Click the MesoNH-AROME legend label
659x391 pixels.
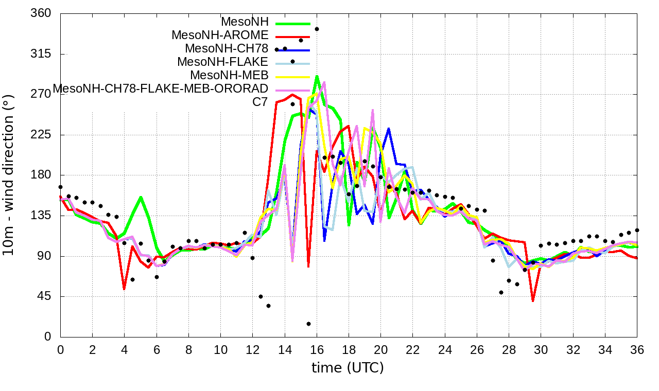point(220,35)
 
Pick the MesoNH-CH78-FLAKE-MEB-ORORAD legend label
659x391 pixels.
point(161,88)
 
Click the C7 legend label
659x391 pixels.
point(260,102)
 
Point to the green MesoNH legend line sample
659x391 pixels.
point(293,23)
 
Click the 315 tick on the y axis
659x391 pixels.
point(41,54)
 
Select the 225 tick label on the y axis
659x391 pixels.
point(41,135)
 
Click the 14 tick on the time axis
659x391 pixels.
point(285,349)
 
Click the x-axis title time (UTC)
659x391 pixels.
point(348,368)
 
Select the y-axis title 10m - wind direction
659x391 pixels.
point(8,175)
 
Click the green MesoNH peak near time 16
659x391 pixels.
point(317,76)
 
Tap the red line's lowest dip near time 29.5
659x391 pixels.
point(533,301)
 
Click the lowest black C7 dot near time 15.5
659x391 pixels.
point(308,324)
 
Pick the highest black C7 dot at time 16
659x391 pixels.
point(317,29)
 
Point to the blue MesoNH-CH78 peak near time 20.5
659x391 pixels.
point(388,129)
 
